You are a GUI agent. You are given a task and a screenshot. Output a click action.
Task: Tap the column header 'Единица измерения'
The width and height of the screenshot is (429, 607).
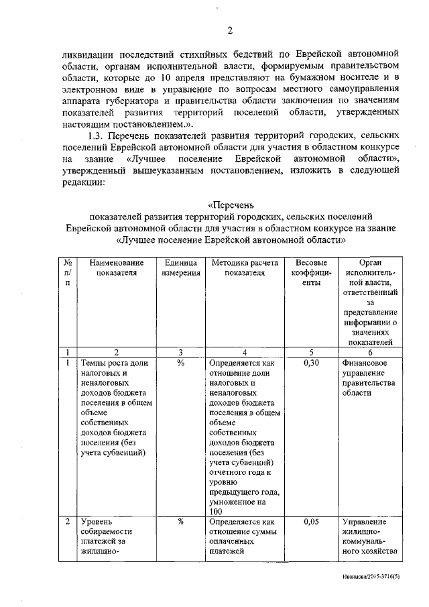point(180,268)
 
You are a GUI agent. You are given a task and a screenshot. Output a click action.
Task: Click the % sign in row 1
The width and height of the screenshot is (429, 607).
point(180,363)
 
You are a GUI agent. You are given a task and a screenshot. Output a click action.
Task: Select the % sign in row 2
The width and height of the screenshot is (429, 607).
point(180,521)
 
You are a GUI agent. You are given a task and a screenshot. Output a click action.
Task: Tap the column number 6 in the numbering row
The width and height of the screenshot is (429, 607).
point(370,351)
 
